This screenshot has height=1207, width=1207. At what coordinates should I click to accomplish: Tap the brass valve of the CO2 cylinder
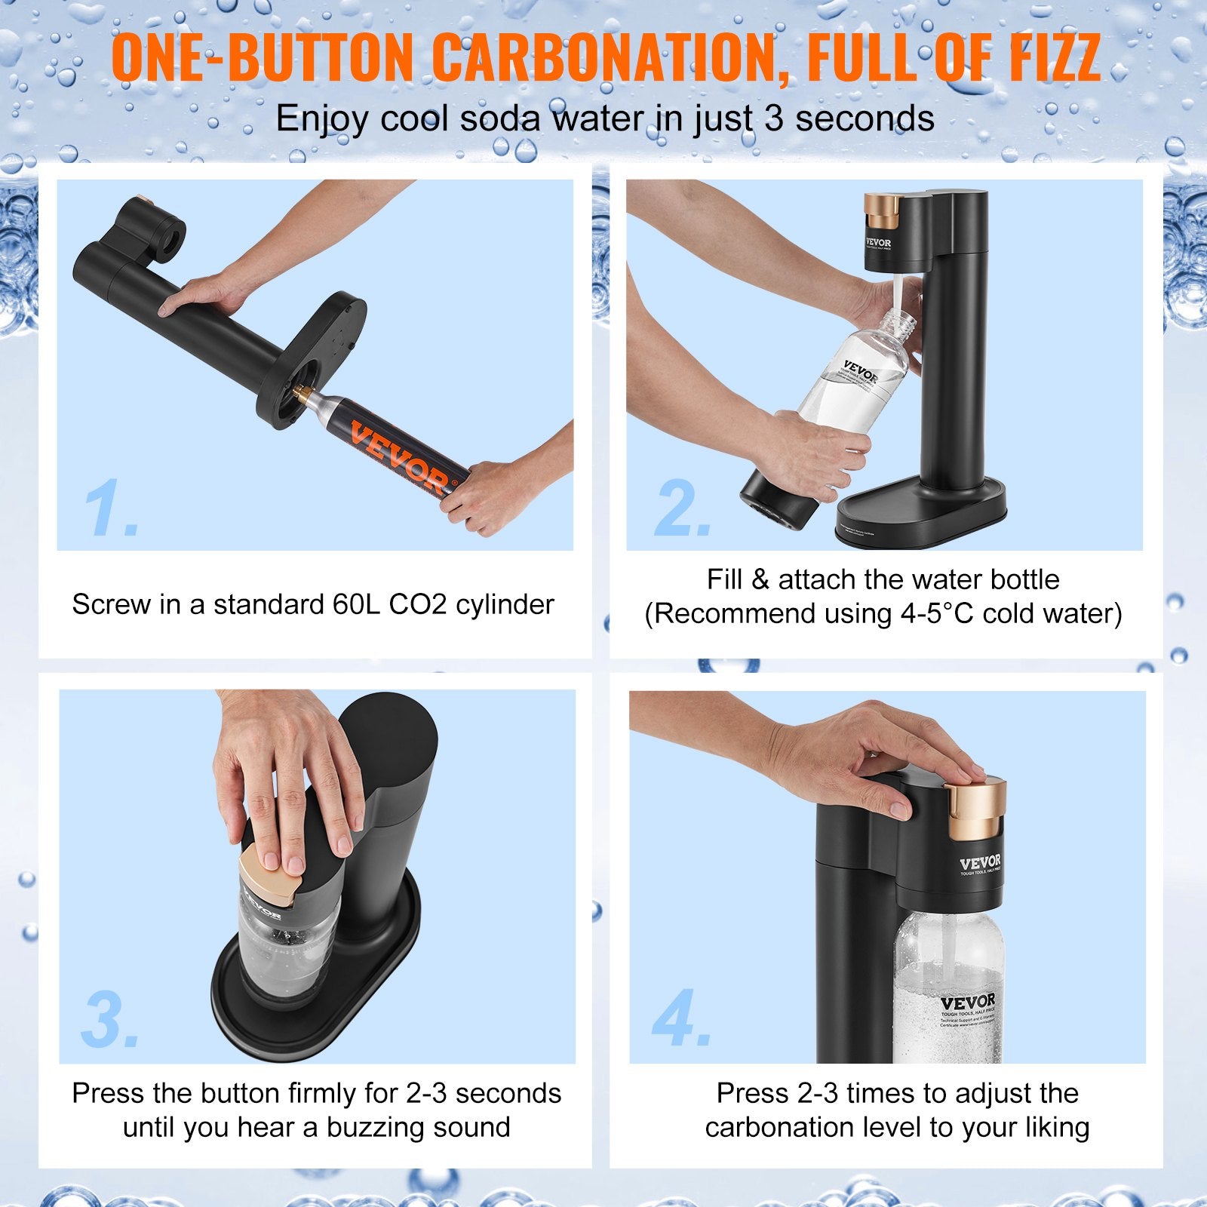click(302, 392)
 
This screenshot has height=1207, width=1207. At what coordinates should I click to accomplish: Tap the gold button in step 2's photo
click(883, 210)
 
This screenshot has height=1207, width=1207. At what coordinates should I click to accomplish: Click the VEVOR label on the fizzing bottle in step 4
click(968, 1003)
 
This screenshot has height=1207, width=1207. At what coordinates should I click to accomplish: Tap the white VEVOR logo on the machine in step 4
click(980, 862)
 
